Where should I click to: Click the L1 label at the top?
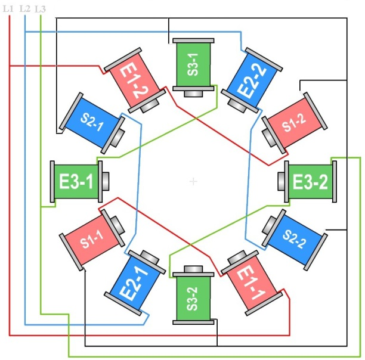coord(8,8)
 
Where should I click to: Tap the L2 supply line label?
coord(24,8)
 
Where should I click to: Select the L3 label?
coord(40,8)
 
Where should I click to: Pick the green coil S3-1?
coord(193,65)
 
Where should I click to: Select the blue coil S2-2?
coord(294,238)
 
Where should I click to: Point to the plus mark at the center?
coord(193,181)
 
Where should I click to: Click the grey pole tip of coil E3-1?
coord(106,181)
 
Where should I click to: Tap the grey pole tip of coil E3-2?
coord(282,181)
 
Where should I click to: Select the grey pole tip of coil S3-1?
coord(193,94)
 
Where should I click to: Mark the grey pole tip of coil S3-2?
coord(193,269)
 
